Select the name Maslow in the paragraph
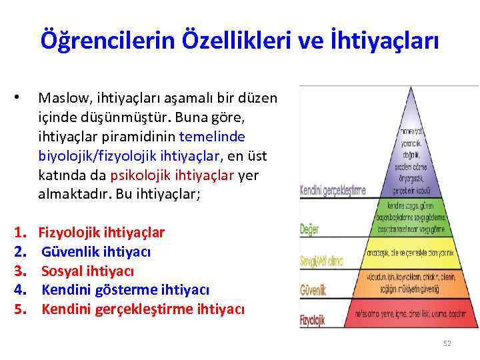(x=61, y=99)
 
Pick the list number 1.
(x=21, y=233)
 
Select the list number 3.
(x=21, y=271)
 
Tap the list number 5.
(x=21, y=309)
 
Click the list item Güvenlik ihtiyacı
(x=96, y=252)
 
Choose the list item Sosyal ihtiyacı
(x=87, y=271)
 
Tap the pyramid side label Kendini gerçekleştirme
(x=333, y=190)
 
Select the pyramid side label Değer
(x=309, y=229)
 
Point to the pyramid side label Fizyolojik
(x=312, y=319)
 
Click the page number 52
(x=447, y=343)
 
